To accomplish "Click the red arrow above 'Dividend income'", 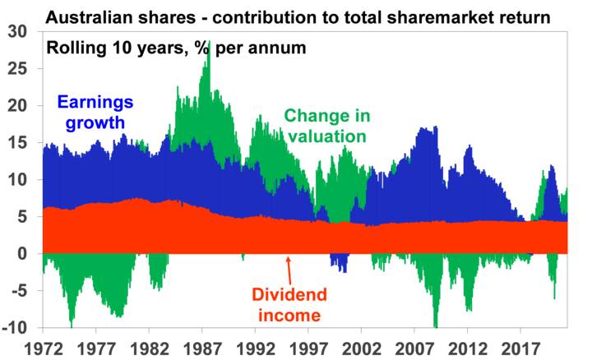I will (289, 268).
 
